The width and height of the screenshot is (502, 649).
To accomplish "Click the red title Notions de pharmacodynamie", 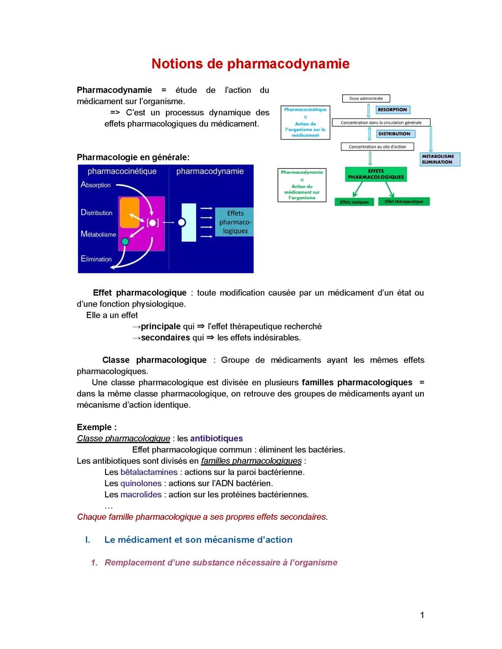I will point(250,64).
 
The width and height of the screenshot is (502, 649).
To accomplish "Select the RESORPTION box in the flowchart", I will point(392,110).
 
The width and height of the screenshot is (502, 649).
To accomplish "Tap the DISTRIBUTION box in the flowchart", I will point(394,134).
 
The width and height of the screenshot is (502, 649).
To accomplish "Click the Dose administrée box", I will point(366,98).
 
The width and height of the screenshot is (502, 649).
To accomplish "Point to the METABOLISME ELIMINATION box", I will point(439,159).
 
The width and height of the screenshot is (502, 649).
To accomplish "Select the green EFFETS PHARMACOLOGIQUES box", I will point(376,174).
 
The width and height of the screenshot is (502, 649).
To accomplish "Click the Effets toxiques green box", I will point(354,202).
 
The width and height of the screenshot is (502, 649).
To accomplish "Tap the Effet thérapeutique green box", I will point(404,202).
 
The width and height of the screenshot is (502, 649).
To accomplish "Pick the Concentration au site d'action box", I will point(377,147).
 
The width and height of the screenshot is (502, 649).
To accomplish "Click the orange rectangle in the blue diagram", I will point(130,212).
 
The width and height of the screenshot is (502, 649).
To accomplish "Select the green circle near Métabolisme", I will point(125,242).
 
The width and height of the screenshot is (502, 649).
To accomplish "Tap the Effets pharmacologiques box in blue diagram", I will point(235,222).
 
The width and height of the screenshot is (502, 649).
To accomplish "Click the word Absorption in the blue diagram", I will point(96,185).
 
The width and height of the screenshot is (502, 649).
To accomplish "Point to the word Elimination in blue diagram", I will point(96,259).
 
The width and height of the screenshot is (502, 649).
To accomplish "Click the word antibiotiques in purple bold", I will point(217,439).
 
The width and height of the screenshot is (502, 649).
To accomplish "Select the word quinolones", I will point(141,484).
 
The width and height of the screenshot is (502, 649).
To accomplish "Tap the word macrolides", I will point(141,495).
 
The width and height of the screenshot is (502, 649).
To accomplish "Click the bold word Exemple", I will point(95,427).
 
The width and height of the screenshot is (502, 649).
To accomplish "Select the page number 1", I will point(422,616).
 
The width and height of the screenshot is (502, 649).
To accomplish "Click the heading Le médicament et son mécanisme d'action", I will point(198,540).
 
